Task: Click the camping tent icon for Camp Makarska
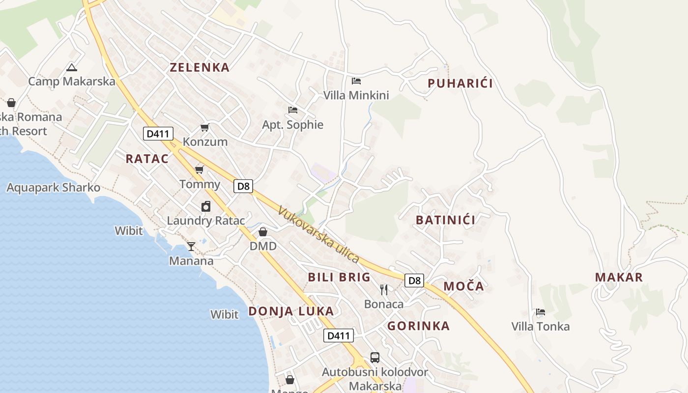(72, 67)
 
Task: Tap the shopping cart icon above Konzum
(204, 128)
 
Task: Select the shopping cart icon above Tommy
(199, 170)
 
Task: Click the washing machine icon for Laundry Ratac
(206, 207)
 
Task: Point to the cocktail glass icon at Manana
(191, 246)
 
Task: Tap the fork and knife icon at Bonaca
(384, 289)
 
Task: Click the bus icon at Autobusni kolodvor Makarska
(374, 357)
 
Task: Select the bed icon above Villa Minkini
(356, 81)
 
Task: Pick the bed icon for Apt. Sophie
(293, 110)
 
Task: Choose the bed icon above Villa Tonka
(541, 312)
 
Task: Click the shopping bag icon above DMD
(263, 231)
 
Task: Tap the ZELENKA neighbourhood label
(200, 68)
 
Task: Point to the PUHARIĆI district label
(460, 84)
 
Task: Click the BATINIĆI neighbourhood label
(445, 220)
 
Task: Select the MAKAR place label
(619, 277)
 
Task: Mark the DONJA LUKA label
(291, 311)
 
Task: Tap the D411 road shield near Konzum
(158, 133)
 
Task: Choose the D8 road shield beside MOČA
(414, 281)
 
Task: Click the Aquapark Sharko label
(53, 188)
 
